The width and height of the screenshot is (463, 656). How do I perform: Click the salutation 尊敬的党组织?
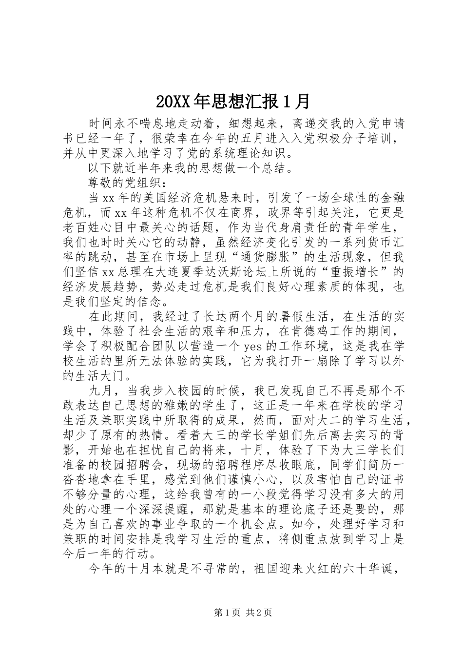[x=125, y=183]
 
